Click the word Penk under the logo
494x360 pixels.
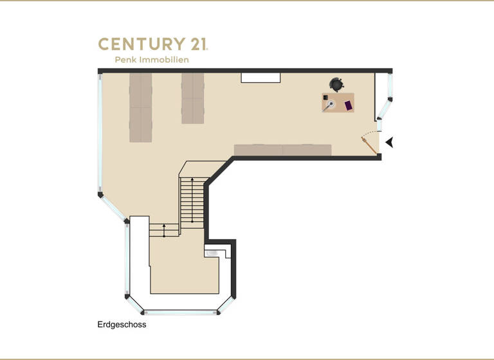[127, 60]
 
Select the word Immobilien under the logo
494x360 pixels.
[167, 60]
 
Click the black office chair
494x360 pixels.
[336, 84]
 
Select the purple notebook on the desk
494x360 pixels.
[349, 104]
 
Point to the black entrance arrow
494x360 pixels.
[389, 142]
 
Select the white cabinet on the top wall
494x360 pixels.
[261, 77]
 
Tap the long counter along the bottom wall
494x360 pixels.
[282, 150]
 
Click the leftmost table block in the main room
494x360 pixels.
[140, 107]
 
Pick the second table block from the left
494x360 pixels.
[192, 98]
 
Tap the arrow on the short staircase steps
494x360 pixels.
[164, 230]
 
